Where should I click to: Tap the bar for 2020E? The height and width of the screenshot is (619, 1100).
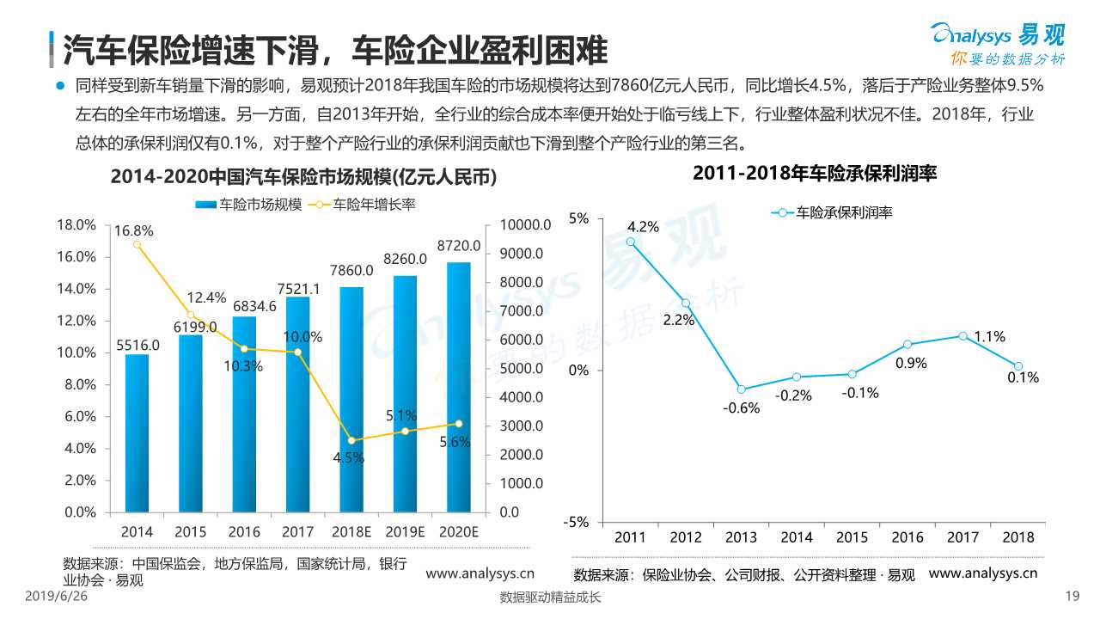click(458, 387)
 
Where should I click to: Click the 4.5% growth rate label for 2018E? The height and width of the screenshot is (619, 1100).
click(349, 458)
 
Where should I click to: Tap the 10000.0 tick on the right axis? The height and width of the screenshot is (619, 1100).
click(518, 224)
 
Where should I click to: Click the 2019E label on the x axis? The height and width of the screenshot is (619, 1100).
click(404, 532)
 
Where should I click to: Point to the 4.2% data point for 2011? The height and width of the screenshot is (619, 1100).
click(631, 242)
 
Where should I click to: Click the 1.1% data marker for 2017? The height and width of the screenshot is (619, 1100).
click(962, 335)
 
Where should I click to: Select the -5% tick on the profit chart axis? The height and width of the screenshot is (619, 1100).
click(577, 522)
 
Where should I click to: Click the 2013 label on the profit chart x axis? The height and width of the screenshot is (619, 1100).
click(741, 537)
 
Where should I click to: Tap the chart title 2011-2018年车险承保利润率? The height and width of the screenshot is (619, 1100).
click(814, 173)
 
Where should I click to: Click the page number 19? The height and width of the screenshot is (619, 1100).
click(1071, 598)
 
